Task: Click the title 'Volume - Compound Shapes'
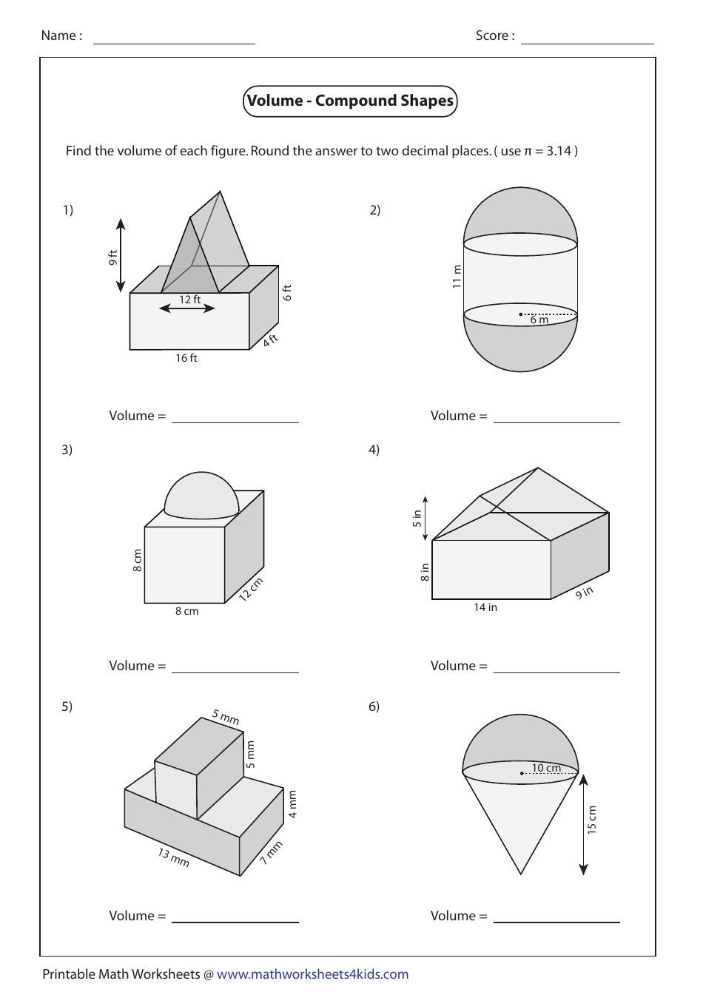click(350, 101)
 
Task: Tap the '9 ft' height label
click(112, 257)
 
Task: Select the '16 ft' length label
click(186, 358)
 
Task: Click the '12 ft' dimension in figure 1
click(189, 300)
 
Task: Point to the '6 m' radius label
click(539, 320)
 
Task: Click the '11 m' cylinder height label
click(457, 276)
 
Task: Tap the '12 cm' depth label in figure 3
click(251, 589)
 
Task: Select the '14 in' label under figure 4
click(485, 607)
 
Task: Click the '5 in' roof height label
click(417, 519)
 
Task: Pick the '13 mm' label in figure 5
click(174, 857)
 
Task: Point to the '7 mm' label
click(272, 853)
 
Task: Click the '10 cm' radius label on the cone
click(547, 768)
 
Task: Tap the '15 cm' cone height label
click(591, 820)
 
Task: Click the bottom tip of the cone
click(521, 873)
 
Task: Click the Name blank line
click(174, 43)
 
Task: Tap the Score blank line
click(587, 43)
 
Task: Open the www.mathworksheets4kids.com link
click(312, 974)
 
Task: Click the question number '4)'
click(374, 450)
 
